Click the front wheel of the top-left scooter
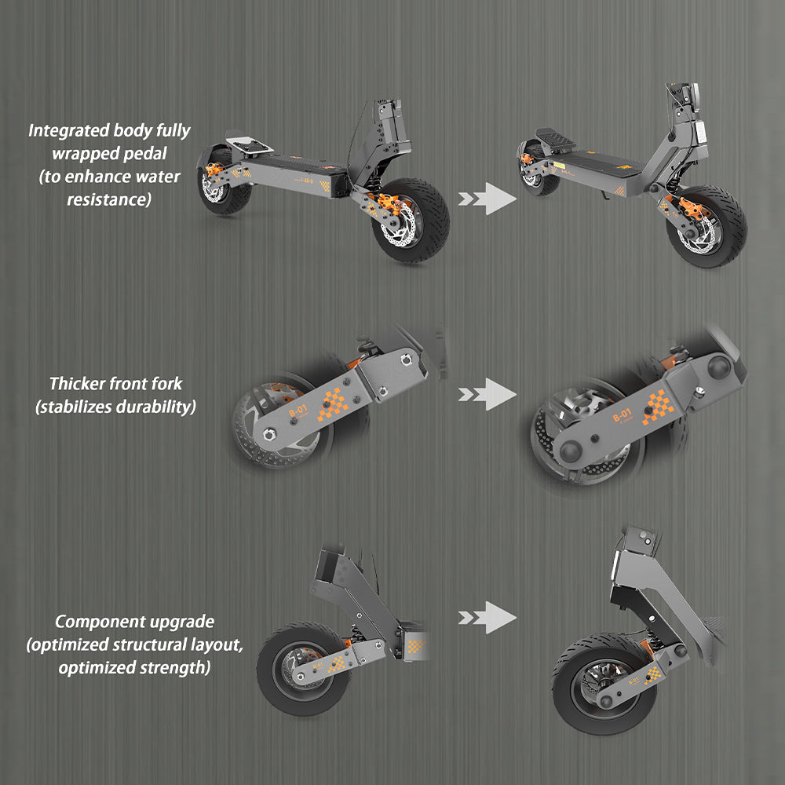point(411,220)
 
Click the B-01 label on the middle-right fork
point(620,414)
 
